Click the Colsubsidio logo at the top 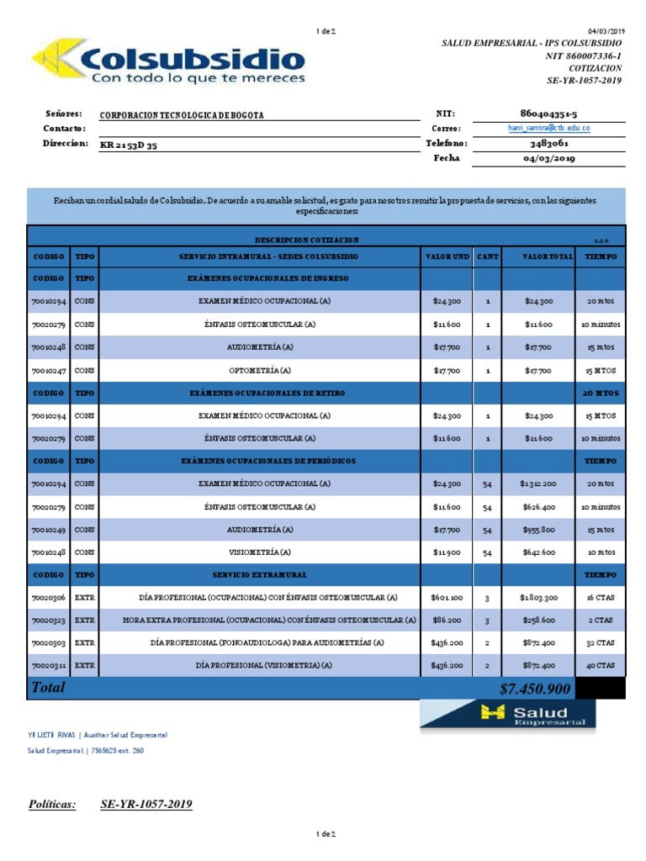click(168, 61)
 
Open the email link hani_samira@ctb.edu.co click(548, 128)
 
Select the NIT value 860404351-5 click(549, 113)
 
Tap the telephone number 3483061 click(549, 143)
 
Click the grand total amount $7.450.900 click(535, 689)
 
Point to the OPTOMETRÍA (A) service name click(260, 369)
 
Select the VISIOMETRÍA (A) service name click(260, 552)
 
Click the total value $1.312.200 click(537, 483)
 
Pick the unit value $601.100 click(446, 597)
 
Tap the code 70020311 click(47, 665)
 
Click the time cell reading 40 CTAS click(601, 665)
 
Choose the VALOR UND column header click(446, 256)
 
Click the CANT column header click(487, 256)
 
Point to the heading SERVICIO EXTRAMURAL click(260, 574)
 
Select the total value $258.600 click(537, 620)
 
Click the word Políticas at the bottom click(52, 804)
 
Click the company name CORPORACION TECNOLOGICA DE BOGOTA click(182, 115)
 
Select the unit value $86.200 click(446, 620)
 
